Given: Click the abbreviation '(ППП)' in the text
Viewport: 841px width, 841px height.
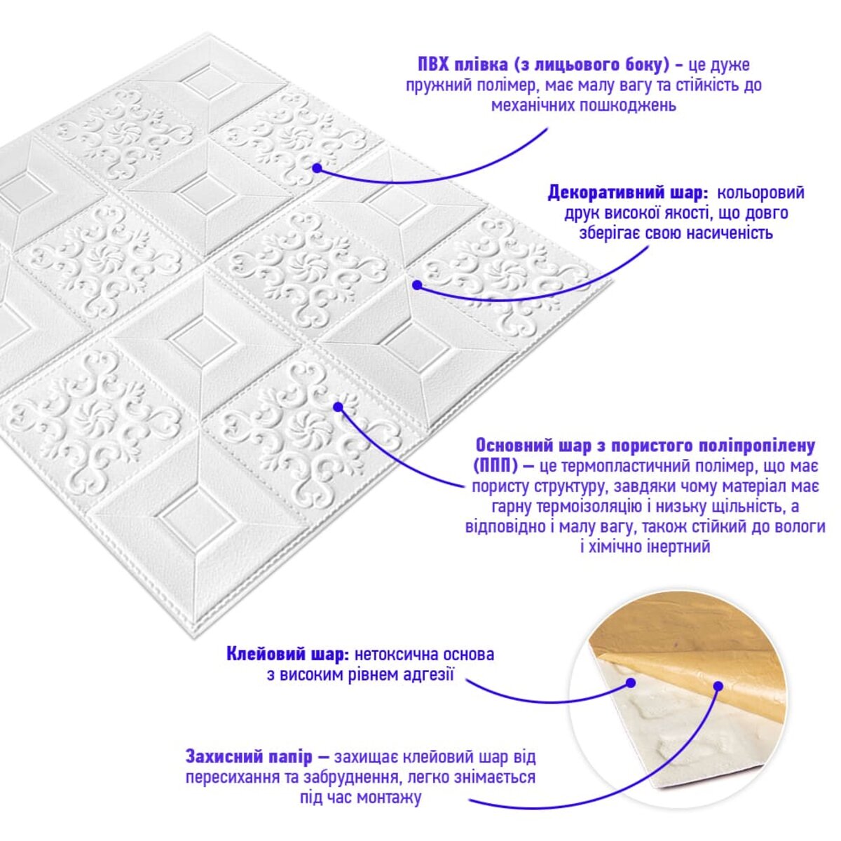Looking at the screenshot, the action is [x=495, y=465].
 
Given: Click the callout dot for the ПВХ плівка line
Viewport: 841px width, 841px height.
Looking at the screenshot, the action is [x=317, y=168].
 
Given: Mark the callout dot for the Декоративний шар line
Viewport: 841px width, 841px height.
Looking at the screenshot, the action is [x=417, y=285].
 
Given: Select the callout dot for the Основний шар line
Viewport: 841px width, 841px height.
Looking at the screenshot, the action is [x=337, y=406].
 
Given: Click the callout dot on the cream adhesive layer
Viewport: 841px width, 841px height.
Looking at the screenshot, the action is [x=631, y=682].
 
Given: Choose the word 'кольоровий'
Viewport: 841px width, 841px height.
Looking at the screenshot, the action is [x=760, y=193].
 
